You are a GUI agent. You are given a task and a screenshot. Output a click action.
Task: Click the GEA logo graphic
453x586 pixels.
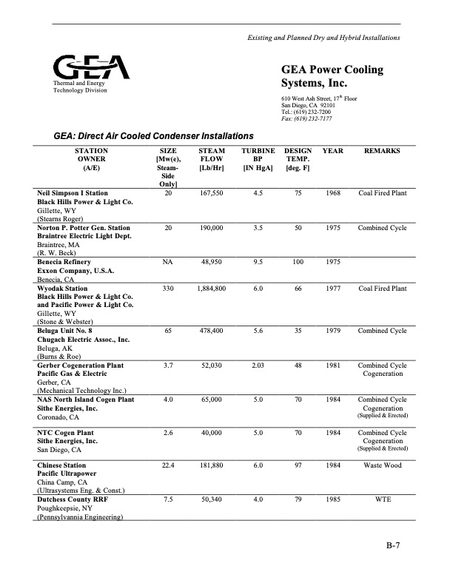91,67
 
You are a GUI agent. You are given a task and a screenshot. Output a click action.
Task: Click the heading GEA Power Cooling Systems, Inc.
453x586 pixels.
332,77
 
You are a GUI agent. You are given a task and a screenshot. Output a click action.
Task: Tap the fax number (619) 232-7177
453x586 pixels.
306,118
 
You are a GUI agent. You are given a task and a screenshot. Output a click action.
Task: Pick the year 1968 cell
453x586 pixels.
333,193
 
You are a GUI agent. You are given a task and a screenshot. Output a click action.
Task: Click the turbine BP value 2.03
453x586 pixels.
258,366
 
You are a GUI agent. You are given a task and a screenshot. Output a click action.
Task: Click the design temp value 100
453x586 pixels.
298,262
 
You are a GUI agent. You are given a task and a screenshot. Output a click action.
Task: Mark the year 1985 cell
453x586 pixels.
333,499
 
